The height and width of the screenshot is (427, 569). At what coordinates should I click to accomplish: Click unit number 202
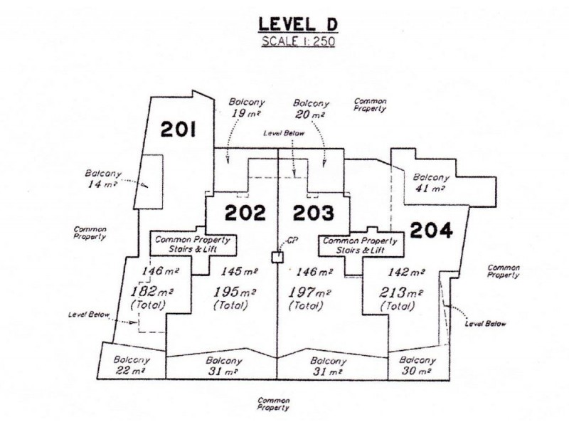pyautogui.click(x=245, y=213)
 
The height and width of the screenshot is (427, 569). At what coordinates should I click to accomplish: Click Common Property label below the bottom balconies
pyautogui.click(x=273, y=405)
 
